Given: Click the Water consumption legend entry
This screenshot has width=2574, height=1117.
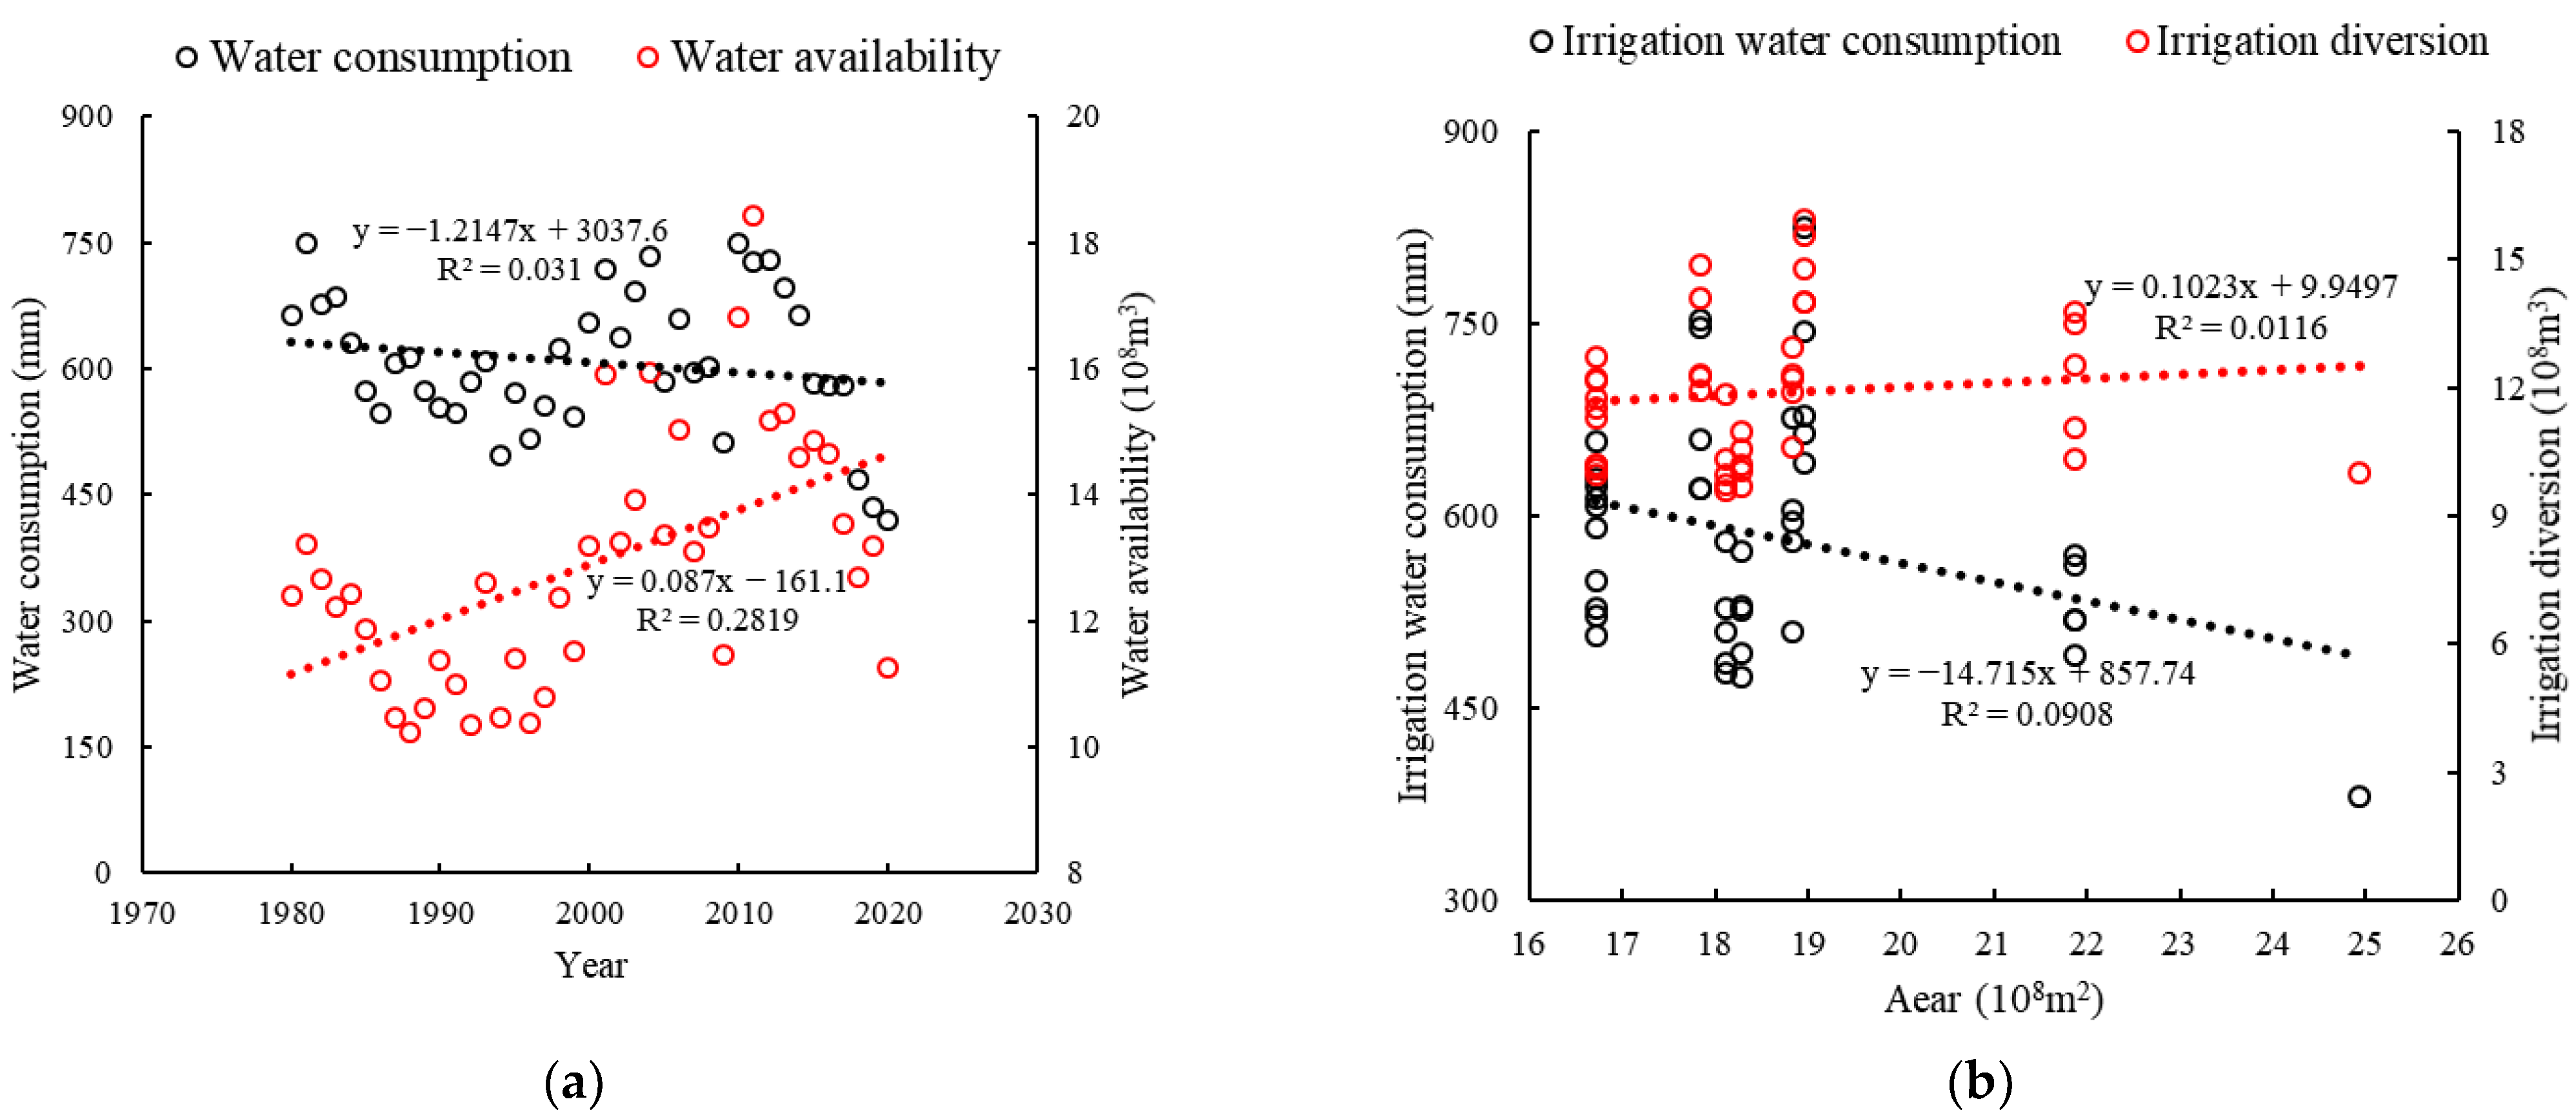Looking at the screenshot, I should coord(374,57).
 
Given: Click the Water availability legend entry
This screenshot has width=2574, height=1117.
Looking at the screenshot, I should coord(817,57).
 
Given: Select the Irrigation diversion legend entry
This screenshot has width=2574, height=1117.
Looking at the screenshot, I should coord(2306,41).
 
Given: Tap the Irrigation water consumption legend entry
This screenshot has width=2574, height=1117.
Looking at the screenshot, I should coord(1795,41).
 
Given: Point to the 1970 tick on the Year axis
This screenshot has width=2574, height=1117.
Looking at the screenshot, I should coord(142,912).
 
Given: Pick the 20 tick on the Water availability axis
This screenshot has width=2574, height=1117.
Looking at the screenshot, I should coord(1082,116).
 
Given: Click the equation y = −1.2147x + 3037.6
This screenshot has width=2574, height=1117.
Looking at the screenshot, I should coord(510,231).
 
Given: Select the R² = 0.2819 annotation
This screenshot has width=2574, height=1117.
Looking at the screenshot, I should coord(717,620).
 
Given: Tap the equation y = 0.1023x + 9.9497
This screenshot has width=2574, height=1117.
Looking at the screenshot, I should coord(2240,287).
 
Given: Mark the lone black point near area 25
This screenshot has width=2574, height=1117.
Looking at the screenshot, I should coord(2359,796).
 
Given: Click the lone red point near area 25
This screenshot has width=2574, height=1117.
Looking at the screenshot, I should coord(2359,473).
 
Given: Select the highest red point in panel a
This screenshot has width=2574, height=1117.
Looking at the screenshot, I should coord(753,216).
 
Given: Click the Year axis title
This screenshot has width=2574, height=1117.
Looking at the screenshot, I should coord(590,965).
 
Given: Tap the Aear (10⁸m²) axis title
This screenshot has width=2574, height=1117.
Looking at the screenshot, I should coord(1993,999).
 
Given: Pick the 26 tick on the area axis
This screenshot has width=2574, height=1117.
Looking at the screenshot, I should coord(2456,943).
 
